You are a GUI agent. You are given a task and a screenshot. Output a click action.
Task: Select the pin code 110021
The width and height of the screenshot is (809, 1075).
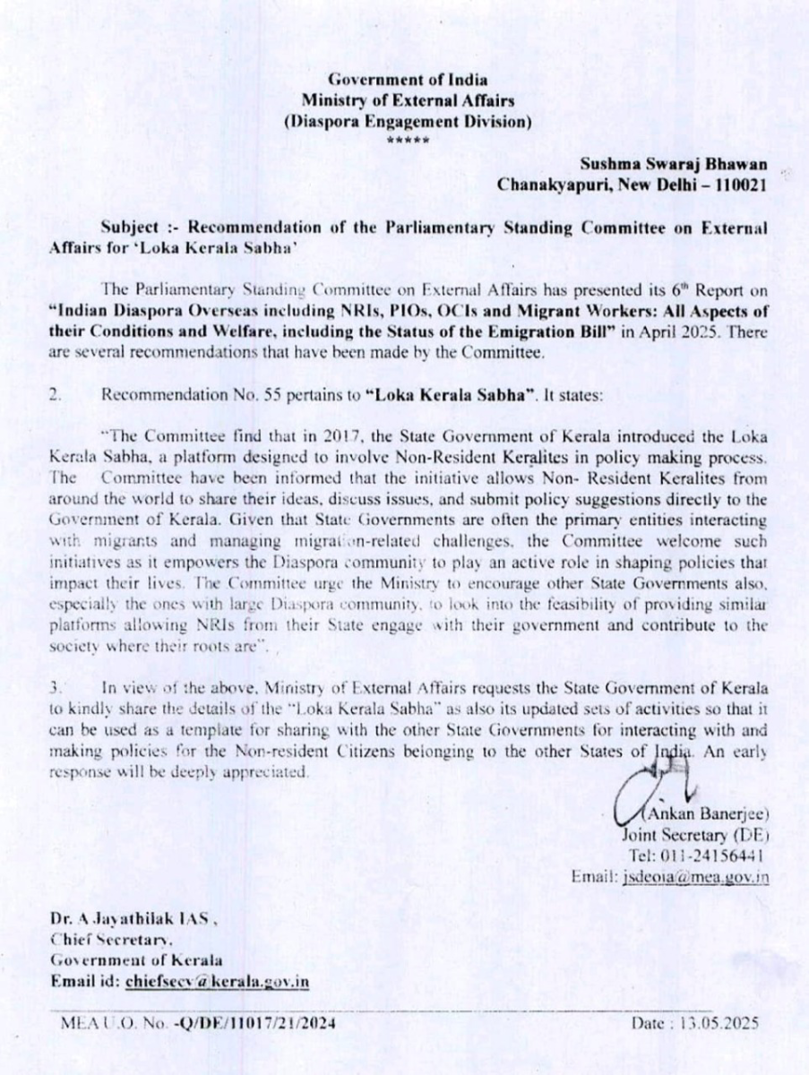[736, 185]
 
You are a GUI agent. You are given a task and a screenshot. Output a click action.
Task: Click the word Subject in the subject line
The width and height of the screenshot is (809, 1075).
[129, 228]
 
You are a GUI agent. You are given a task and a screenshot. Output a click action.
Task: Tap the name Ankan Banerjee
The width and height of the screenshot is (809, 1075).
[708, 814]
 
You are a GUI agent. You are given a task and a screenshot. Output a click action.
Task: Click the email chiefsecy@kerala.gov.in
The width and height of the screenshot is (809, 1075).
[218, 980]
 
